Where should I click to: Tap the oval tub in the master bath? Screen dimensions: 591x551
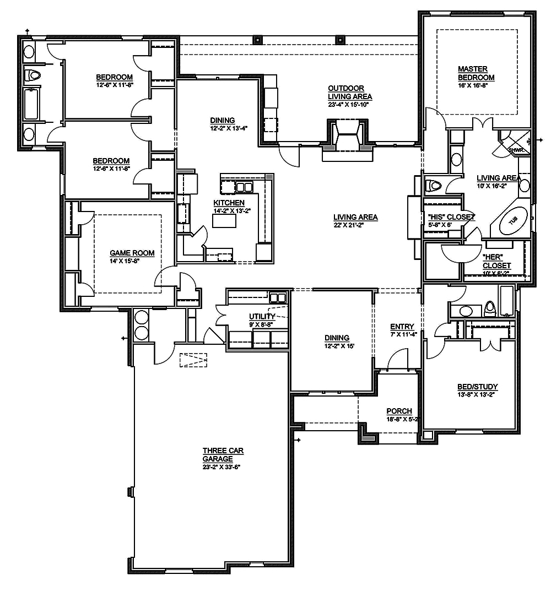point(512,221)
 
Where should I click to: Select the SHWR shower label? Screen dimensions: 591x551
point(515,149)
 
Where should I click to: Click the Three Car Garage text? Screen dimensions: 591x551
point(223,454)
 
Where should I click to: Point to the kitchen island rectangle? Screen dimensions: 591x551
point(224,221)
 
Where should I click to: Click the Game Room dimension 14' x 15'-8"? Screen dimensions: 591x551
point(125,261)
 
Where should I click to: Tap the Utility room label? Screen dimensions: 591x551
point(262,316)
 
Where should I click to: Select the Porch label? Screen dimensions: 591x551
point(399,411)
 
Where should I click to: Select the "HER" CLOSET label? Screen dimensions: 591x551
point(496,261)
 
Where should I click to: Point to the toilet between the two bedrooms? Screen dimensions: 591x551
point(34,75)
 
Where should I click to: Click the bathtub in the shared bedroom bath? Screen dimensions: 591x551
point(31,104)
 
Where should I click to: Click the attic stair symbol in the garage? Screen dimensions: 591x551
point(193,360)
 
